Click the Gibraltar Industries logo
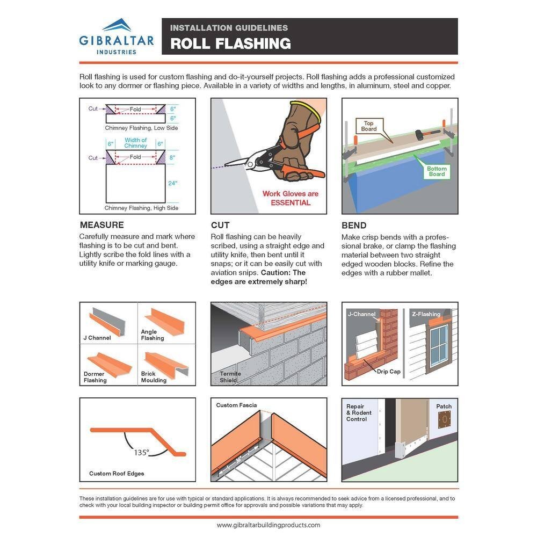116,37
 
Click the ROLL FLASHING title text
231,43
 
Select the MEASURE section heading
101,225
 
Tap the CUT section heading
221,225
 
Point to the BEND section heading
354,225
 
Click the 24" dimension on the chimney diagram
172,183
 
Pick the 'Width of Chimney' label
135,143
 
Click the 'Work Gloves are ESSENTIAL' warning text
291,198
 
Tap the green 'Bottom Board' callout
437,171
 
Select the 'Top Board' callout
369,126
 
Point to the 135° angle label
141,452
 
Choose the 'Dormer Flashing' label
95,377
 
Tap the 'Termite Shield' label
230,377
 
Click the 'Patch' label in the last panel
444,407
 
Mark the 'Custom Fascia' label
236,405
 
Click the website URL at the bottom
268,525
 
